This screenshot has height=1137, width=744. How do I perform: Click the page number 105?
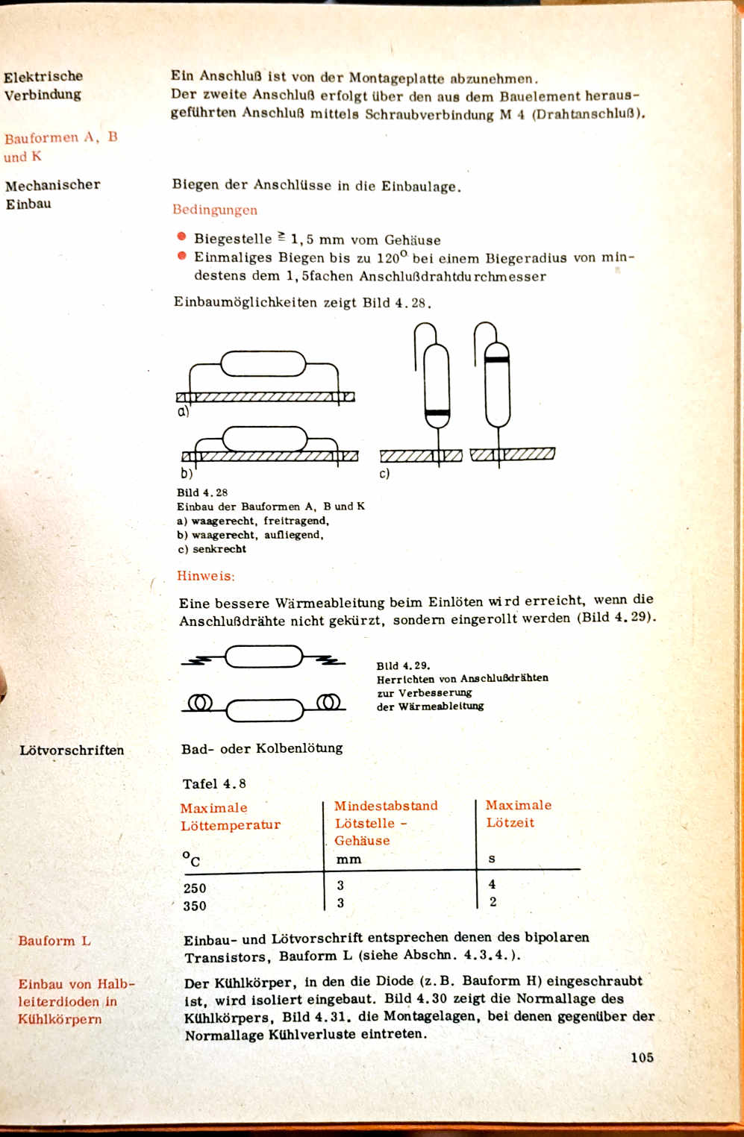[x=641, y=1057]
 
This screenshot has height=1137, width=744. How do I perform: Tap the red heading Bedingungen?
[x=215, y=210]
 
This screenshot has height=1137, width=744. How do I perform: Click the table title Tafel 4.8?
[x=214, y=783]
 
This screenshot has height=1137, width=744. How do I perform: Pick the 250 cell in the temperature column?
[x=195, y=888]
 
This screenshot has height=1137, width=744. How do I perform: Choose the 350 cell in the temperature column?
[x=195, y=906]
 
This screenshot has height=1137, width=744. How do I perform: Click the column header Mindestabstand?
[x=386, y=806]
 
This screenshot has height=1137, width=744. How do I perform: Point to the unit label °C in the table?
[x=192, y=859]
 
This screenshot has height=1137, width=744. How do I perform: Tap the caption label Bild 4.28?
[x=202, y=492]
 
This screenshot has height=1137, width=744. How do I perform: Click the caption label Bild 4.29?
[x=403, y=665]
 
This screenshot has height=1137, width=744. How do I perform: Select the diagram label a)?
[x=183, y=411]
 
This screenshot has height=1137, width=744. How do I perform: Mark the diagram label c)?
[x=384, y=474]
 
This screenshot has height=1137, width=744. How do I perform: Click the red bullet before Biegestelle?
[x=181, y=237]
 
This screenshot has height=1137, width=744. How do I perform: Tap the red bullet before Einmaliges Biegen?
[x=181, y=256]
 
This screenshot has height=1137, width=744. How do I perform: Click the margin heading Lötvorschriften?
[x=72, y=751]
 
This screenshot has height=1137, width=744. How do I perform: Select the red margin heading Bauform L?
[x=54, y=941]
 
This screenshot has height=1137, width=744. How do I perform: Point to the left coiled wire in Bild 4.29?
[x=200, y=703]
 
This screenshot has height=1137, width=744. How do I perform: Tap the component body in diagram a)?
[x=263, y=364]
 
